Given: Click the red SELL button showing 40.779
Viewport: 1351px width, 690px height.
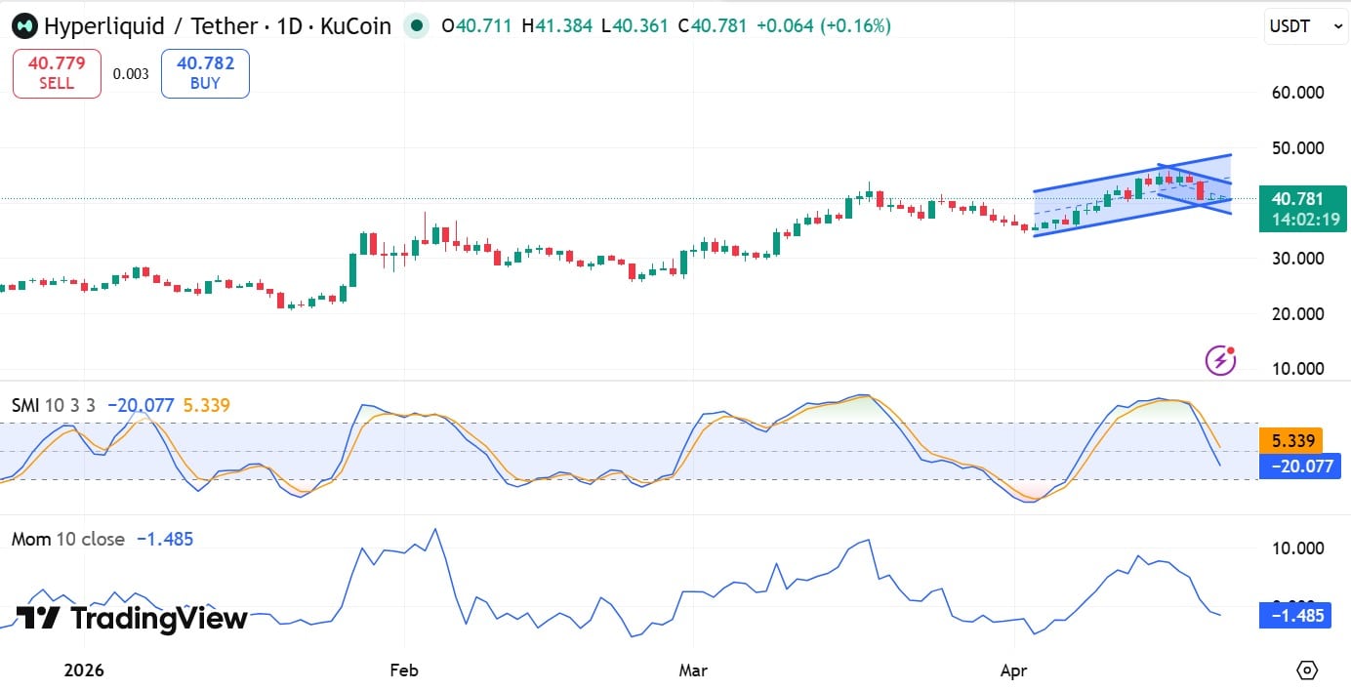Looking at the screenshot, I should (x=57, y=73).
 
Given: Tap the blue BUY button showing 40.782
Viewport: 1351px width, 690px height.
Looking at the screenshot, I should (x=205, y=73).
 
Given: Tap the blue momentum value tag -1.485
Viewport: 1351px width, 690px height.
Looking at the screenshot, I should (x=1295, y=615).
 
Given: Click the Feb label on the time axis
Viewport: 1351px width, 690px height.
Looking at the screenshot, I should (x=403, y=670).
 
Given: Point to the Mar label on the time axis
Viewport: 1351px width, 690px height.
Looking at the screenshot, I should (x=692, y=670).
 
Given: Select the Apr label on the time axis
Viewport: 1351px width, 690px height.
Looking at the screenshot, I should (x=1015, y=670).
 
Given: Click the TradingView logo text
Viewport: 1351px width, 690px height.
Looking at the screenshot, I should (x=133, y=619).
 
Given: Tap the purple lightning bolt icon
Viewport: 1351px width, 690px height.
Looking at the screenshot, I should (x=1220, y=360).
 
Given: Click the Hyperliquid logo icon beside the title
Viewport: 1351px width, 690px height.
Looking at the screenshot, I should (x=25, y=25).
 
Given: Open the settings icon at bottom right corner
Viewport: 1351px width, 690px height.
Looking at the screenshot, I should (x=1307, y=670).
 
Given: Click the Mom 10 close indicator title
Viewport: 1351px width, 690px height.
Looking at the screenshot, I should (x=68, y=539).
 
